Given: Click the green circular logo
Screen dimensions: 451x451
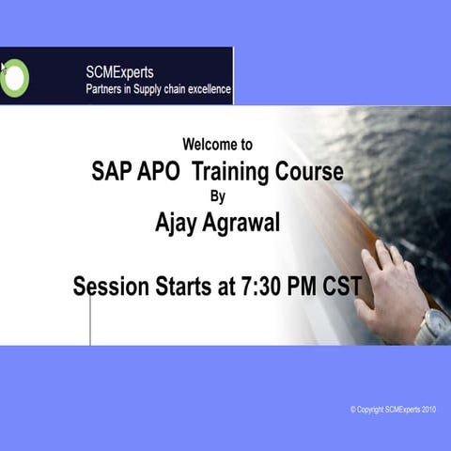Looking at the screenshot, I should point(14,76).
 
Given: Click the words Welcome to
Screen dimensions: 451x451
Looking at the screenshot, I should point(217,145).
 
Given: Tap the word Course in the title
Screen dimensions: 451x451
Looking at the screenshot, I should point(309,172).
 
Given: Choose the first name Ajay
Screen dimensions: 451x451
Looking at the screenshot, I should point(179,224).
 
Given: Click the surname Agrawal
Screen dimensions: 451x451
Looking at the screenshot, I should point(246,224).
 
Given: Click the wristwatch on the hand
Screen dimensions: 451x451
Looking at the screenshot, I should point(433,326).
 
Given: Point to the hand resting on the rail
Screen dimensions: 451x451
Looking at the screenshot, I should point(390,287).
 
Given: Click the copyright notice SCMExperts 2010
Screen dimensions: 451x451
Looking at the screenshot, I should point(394,410).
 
